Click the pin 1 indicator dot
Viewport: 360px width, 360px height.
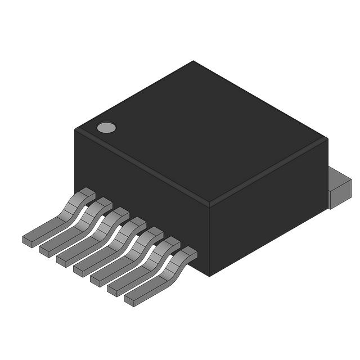[x=106, y=128]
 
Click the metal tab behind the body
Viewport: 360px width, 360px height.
[x=339, y=188]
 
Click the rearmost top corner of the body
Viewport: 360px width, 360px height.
[x=193, y=61]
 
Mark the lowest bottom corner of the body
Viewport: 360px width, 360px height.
[x=209, y=276]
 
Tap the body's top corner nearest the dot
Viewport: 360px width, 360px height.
[x=75, y=130]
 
